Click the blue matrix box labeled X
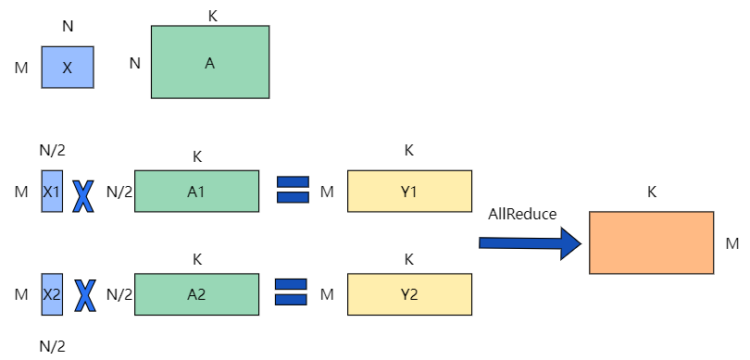[x=68, y=68]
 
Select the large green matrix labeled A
[x=209, y=62]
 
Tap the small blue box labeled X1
[x=52, y=192]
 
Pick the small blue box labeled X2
[x=52, y=294]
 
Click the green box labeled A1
[x=196, y=192]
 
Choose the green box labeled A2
[x=196, y=294]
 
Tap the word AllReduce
[x=522, y=214]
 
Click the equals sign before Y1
[x=293, y=192]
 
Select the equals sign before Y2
[x=293, y=294]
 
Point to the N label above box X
[x=68, y=27]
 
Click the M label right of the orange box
[x=731, y=243]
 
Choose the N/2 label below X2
[x=52, y=346]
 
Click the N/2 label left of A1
[x=119, y=192]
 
